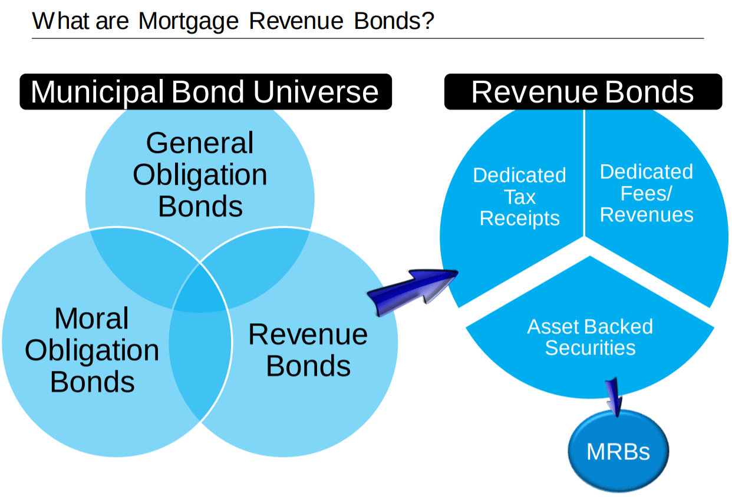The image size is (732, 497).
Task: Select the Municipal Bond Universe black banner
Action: pyautogui.click(x=205, y=92)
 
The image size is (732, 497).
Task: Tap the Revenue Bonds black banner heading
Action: pyautogui.click(x=582, y=92)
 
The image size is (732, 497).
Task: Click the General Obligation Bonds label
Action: pyautogui.click(x=200, y=175)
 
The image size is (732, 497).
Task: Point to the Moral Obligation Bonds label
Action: pyautogui.click(x=92, y=350)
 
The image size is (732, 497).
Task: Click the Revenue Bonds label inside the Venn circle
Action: pyautogui.click(x=308, y=350)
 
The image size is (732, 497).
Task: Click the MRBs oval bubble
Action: pyautogui.click(x=618, y=452)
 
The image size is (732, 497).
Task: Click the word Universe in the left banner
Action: pyautogui.click(x=316, y=92)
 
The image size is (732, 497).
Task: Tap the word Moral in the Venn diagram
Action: pyautogui.click(x=91, y=319)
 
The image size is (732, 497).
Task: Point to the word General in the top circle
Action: pyautogui.click(x=200, y=143)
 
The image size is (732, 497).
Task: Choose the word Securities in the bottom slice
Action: pyautogui.click(x=590, y=348)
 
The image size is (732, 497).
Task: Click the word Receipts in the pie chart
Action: pyautogui.click(x=519, y=218)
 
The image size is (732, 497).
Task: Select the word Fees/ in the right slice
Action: pyautogui.click(x=647, y=193)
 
